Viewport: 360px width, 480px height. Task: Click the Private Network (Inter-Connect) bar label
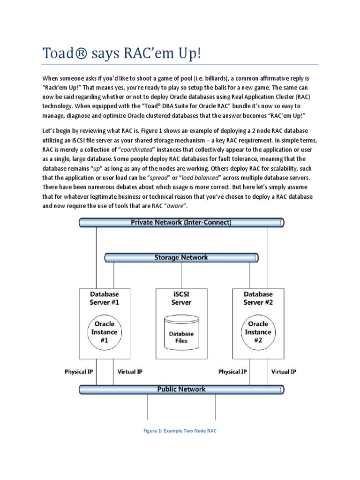pyautogui.click(x=181, y=223)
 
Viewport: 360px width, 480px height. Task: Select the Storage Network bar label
pyautogui.click(x=181, y=257)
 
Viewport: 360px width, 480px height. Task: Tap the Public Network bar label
pyautogui.click(x=181, y=389)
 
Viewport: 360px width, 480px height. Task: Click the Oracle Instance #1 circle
pyautogui.click(x=104, y=332)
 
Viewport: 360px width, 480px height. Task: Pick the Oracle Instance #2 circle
pyautogui.click(x=258, y=332)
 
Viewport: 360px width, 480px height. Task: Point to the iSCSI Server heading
pyautogui.click(x=181, y=298)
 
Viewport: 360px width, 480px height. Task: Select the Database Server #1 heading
pyautogui.click(x=104, y=298)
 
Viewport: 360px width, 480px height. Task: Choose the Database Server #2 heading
pyautogui.click(x=258, y=298)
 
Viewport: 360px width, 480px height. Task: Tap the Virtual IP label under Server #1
pyautogui.click(x=130, y=372)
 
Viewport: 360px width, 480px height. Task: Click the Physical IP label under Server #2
pyautogui.click(x=232, y=372)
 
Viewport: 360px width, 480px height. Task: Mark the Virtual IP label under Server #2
pyautogui.click(x=284, y=372)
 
